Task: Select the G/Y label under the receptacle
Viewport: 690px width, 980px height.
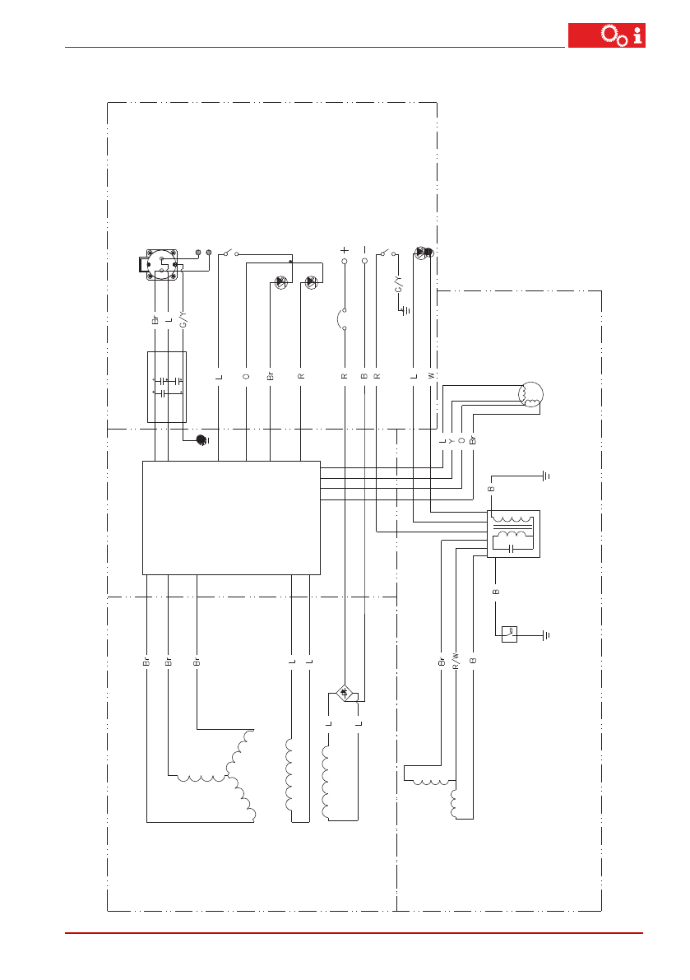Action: pos(183,319)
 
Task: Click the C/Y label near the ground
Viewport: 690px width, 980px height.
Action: pos(399,284)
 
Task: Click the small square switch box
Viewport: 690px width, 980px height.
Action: pos(509,634)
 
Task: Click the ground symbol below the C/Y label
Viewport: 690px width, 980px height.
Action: pos(406,310)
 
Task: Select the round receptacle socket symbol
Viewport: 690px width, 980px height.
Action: pos(161,263)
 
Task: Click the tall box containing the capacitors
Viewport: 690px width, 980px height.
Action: pos(167,387)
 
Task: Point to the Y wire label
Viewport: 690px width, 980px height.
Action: pos(452,441)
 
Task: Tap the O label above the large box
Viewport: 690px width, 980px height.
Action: pos(247,375)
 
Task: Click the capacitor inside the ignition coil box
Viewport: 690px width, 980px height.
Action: pos(512,546)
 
